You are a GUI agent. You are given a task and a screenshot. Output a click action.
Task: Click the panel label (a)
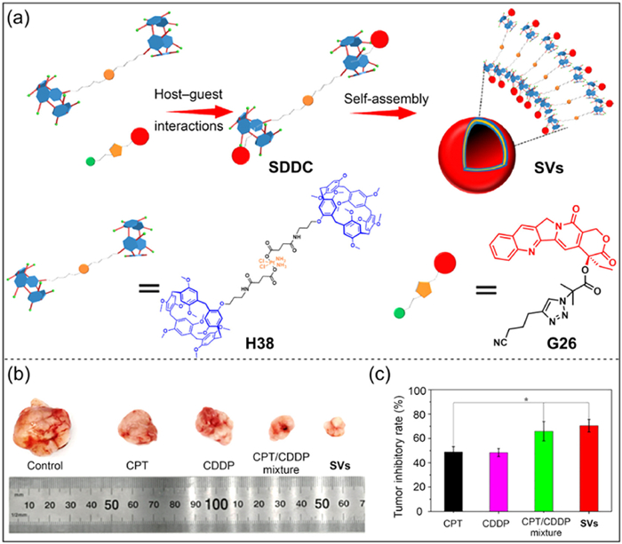click(20, 17)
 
